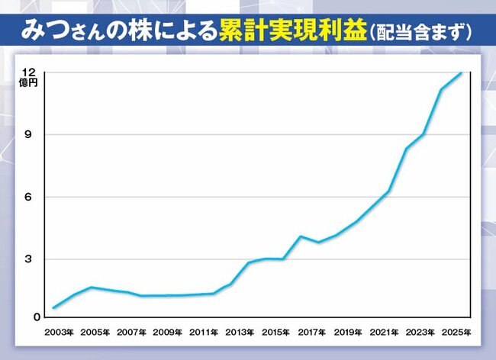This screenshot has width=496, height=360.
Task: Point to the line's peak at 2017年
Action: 301,236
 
